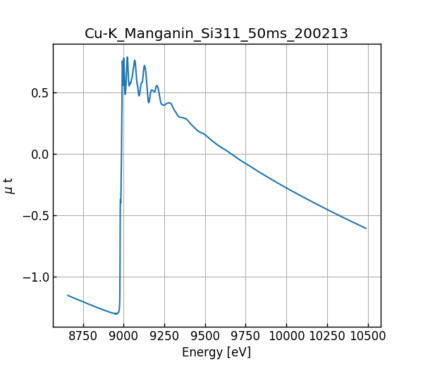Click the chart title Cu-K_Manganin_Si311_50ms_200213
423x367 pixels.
coord(216,34)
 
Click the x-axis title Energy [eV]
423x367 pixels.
coord(216,352)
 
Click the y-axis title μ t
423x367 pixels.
coord(9,186)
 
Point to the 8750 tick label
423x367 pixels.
coord(83,336)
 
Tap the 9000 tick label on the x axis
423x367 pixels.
coord(124,336)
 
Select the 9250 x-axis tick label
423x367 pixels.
coord(164,336)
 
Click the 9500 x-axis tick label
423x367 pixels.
coord(205,336)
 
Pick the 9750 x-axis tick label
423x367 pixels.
coord(246,336)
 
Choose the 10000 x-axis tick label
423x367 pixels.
coord(286,336)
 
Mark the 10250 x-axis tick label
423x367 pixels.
coord(327,336)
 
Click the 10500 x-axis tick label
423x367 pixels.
coord(368,336)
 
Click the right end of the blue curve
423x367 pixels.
coord(366,228)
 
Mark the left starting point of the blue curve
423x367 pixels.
coord(68,295)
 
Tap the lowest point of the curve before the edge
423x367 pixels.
coord(116,313)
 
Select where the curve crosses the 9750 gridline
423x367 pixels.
coord(246,164)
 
